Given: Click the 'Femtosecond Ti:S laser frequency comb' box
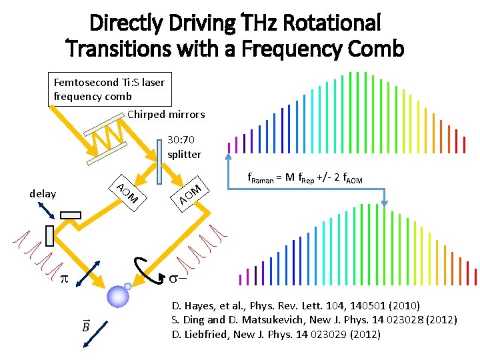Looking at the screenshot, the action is pyautogui.click(x=109, y=89).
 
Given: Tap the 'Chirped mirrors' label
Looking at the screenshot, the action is pyautogui.click(x=166, y=114).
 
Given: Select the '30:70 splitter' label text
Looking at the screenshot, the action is pyautogui.click(x=185, y=147).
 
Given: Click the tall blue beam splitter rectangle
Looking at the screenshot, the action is pyautogui.click(x=159, y=161).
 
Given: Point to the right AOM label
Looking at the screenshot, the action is pyautogui.click(x=190, y=192).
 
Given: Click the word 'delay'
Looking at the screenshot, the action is pyautogui.click(x=43, y=193).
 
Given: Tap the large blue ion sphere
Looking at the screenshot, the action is pyautogui.click(x=118, y=295).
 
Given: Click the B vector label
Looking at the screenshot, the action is pyautogui.click(x=87, y=326).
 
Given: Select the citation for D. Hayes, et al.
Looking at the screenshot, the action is pyautogui.click(x=295, y=306).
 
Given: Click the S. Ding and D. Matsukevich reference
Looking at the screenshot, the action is pyautogui.click(x=314, y=320).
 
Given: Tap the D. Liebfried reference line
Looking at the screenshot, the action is pyautogui.click(x=276, y=334).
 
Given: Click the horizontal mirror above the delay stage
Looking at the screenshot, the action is pyautogui.click(x=70, y=215).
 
